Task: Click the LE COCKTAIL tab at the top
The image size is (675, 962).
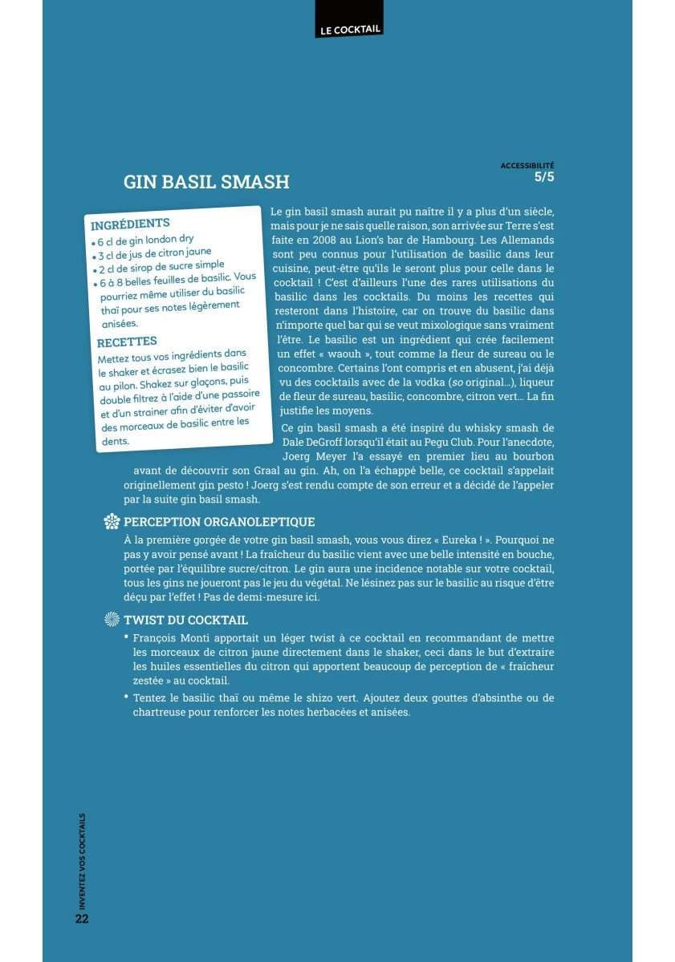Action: click(349, 29)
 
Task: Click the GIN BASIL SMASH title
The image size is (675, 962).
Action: click(206, 182)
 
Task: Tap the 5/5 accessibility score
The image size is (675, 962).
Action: click(544, 177)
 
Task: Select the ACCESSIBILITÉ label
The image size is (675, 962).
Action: click(527, 165)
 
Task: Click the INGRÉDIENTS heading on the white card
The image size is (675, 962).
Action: click(130, 224)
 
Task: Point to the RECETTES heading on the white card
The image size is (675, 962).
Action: click(127, 342)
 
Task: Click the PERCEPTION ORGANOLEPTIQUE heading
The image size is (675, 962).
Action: click(219, 522)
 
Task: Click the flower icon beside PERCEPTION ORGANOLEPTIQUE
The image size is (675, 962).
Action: click(112, 523)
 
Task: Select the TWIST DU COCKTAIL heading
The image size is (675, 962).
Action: click(185, 620)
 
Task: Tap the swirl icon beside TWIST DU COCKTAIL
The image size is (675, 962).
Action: click(112, 620)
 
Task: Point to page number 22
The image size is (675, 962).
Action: click(82, 919)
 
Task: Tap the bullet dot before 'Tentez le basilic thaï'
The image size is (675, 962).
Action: click(127, 696)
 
